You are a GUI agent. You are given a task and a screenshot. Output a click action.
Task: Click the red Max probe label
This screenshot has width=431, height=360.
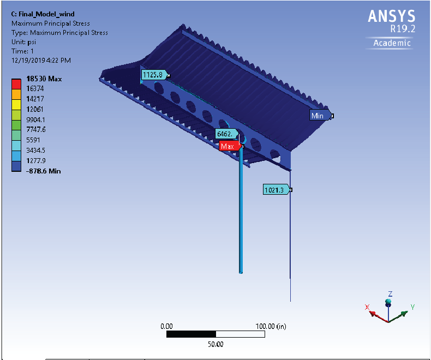(230, 146)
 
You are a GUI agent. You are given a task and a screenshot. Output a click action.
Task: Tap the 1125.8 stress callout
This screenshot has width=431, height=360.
(154, 75)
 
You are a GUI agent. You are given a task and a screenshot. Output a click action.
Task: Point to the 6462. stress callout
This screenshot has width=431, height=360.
(226, 134)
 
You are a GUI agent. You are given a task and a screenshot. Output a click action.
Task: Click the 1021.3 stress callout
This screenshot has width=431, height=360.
(276, 190)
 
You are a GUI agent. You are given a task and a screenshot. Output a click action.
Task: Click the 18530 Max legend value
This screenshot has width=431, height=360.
(44, 79)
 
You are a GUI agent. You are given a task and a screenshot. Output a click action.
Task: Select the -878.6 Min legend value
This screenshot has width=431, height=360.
(44, 171)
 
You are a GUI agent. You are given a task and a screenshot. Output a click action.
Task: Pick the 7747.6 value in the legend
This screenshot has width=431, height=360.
(36, 129)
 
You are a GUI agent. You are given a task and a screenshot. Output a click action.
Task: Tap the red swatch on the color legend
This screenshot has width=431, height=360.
(16, 84)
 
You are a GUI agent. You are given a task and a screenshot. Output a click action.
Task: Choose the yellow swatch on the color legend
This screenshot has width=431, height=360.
(16, 105)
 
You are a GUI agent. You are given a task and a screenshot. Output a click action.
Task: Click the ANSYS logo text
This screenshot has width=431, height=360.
(391, 16)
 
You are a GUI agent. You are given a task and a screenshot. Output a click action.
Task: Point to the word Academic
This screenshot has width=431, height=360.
(392, 43)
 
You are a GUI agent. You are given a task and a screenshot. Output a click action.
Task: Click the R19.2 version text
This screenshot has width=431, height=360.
(403, 28)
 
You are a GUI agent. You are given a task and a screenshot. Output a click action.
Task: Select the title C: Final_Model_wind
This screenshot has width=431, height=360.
(43, 14)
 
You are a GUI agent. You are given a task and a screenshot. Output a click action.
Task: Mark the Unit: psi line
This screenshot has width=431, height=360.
(23, 42)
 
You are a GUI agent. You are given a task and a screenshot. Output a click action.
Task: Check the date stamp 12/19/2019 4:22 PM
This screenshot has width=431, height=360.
(41, 61)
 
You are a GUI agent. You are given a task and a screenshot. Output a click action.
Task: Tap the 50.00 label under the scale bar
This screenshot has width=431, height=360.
(215, 344)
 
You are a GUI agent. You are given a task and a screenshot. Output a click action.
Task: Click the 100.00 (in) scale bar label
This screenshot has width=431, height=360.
(271, 326)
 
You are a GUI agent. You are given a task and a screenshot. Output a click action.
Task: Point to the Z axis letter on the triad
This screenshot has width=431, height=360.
(390, 294)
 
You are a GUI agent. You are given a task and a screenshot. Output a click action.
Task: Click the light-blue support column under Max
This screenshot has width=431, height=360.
(241, 210)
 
